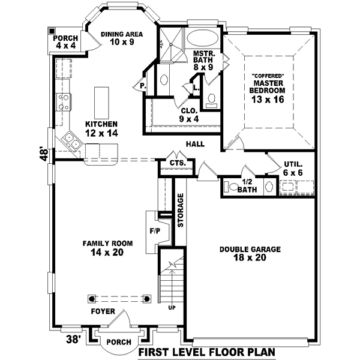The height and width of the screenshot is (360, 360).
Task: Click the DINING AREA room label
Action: tap(122, 38)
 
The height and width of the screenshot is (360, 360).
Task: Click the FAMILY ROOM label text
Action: tap(107, 248)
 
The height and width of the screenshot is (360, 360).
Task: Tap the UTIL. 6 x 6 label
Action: tap(293, 168)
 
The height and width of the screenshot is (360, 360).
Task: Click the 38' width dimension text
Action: tap(73, 340)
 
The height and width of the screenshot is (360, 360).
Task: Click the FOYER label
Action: tap(100, 312)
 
